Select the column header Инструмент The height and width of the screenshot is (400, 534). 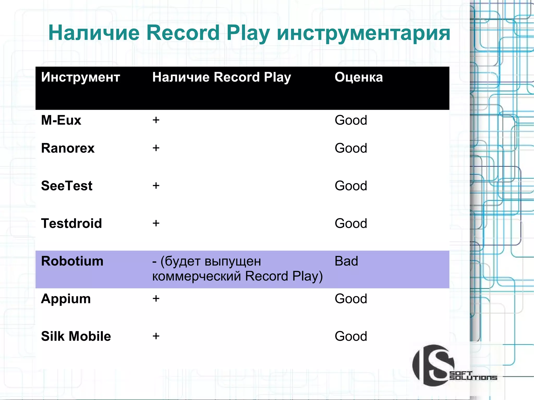coord(81,77)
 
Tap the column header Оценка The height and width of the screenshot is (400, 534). coord(359,77)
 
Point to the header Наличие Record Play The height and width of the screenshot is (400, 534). coord(221,77)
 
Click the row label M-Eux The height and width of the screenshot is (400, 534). coord(61,120)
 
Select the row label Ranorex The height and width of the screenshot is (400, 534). coord(68,148)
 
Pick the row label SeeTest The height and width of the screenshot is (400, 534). coord(67,186)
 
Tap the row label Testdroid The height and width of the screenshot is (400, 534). coord(71,223)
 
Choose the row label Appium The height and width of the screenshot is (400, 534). coord(66,299)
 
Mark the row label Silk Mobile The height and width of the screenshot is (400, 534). coord(76,336)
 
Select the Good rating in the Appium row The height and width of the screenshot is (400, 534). coord(351,299)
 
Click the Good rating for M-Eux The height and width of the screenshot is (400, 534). coord(351,120)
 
